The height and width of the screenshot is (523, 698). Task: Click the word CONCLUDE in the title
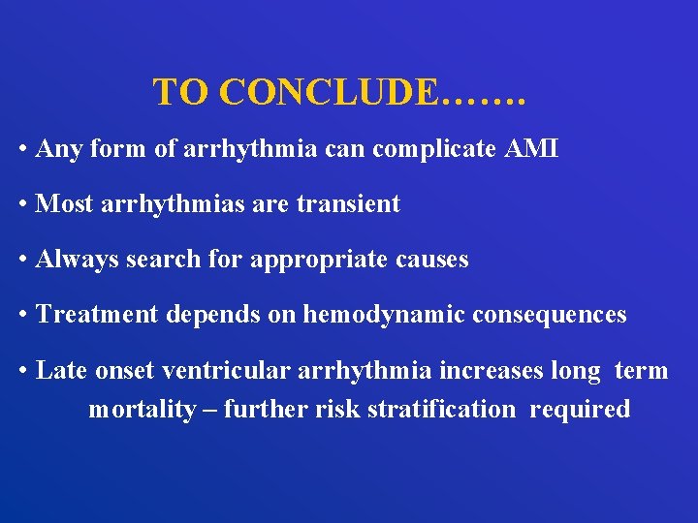coord(329,92)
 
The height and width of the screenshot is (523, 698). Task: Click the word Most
coord(62,204)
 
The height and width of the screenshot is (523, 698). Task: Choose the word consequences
coord(541,315)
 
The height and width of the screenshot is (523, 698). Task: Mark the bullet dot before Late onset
coord(22,371)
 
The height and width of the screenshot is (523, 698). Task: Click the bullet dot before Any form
coord(22,150)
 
